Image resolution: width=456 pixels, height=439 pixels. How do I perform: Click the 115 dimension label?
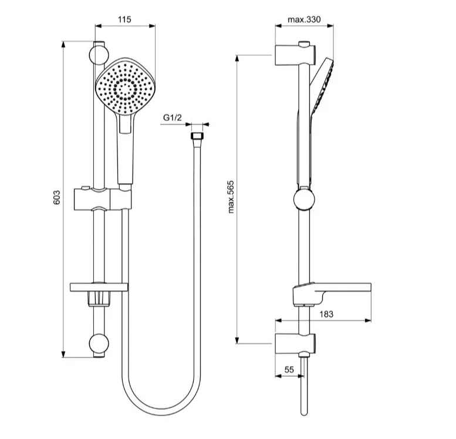tap(124, 19)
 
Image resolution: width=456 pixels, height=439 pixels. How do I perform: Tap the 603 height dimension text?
tap(57, 197)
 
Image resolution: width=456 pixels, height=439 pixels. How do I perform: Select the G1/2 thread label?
tap(173, 117)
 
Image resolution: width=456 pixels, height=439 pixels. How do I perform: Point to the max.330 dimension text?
tap(304, 19)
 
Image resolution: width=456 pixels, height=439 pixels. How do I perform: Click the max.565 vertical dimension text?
tap(231, 197)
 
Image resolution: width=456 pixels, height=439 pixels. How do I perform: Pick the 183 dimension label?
tap(326, 314)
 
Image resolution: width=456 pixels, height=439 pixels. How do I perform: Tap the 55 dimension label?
tap(289, 370)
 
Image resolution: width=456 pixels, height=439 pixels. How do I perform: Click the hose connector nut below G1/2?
tap(197, 136)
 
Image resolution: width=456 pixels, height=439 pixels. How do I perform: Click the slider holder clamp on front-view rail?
tap(103, 199)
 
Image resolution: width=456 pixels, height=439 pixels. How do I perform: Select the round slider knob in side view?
tap(304, 200)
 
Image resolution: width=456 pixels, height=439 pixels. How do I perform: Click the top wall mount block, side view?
tap(295, 55)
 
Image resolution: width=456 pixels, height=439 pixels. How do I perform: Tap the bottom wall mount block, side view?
tap(295, 343)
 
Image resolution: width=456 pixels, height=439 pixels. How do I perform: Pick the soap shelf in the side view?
tap(332, 294)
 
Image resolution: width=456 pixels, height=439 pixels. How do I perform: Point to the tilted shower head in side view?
tap(322, 86)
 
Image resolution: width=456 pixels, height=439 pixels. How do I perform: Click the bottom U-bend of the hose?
tap(161, 408)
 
